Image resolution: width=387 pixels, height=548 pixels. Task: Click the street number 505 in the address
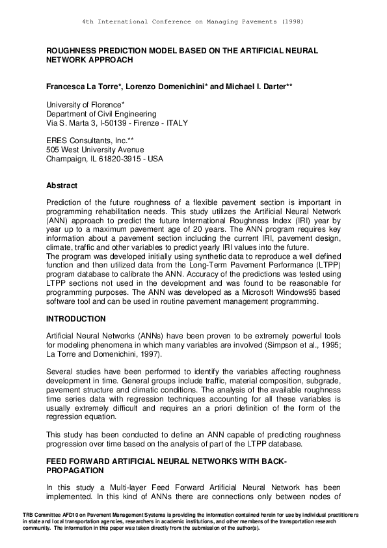click(53, 149)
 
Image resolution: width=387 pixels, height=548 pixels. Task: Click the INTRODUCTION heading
click(75, 319)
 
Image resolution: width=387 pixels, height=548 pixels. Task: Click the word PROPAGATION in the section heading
click(72, 469)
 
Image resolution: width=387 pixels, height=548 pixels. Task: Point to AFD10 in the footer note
click(64, 515)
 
